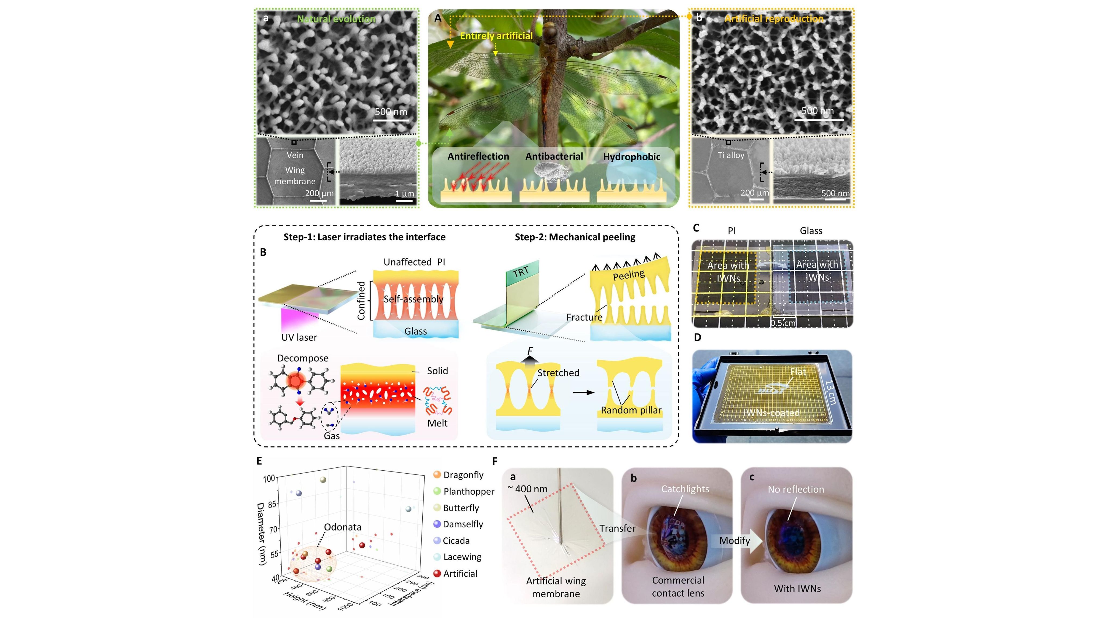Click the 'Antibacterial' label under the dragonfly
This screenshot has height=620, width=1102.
coord(554,157)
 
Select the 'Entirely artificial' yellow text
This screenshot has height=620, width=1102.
coord(496,36)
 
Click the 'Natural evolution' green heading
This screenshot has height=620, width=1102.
coord(336,19)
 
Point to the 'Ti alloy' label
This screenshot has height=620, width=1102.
coord(731,155)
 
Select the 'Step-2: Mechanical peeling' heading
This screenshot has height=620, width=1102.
coord(575,237)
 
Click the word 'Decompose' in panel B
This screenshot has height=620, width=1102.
coord(303,358)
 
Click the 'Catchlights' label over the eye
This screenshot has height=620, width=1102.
coord(685,489)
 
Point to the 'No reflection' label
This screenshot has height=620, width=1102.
coord(796,489)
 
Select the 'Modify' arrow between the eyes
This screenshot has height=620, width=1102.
coord(734,541)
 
